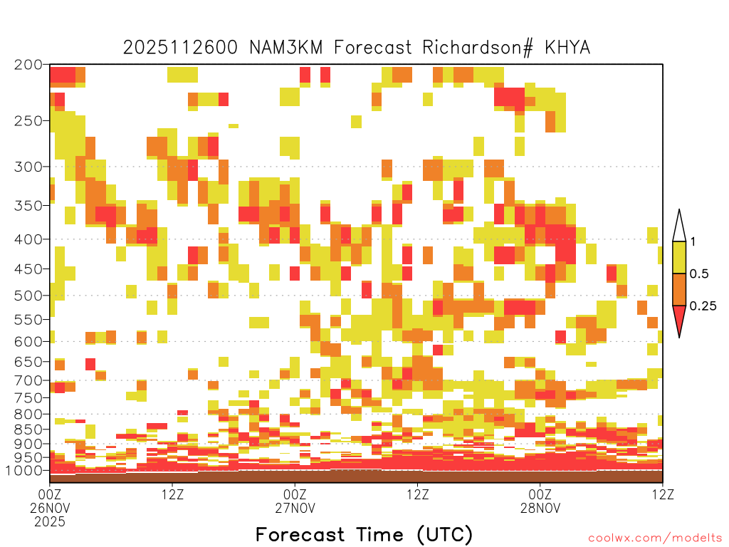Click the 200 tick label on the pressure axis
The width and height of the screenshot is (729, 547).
[28, 65]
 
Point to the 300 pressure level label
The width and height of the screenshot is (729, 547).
[28, 167]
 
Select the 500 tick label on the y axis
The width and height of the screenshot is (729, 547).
[28, 296]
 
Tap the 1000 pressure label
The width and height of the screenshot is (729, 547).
[24, 470]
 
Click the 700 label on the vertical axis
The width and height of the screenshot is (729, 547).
[28, 380]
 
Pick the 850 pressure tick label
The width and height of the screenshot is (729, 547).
[28, 429]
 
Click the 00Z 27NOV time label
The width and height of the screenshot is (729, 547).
[295, 501]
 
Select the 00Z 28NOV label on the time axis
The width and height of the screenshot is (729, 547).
[540, 501]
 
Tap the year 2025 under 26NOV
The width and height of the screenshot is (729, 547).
[50, 522]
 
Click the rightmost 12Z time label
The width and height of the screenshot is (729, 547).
[663, 494]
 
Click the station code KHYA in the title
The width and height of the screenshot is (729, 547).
[567, 48]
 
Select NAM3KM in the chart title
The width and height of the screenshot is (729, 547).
[286, 48]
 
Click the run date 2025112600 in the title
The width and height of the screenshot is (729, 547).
[180, 48]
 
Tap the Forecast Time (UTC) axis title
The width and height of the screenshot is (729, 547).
[364, 535]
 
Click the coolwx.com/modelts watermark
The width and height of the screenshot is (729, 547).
[656, 538]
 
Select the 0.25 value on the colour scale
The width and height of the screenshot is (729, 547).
[703, 306]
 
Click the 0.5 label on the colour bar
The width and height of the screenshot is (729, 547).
[699, 273]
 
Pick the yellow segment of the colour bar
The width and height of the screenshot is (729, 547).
[679, 257]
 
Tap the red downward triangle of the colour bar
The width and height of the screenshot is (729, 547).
[679, 318]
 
